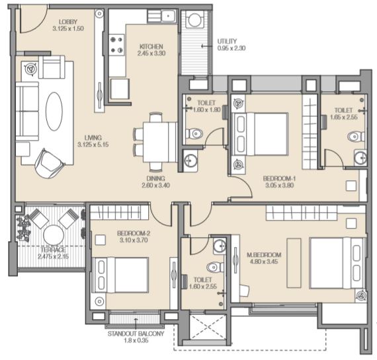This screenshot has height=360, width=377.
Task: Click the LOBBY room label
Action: coord(68,22)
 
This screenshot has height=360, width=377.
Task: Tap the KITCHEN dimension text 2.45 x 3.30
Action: coord(151,53)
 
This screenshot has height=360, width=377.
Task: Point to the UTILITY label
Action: coord(227,41)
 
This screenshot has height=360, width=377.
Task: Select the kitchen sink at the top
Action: coord(169,17)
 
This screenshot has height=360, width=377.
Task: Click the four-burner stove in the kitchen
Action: coord(116,45)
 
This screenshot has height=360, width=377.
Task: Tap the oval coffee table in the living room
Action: coord(54,111)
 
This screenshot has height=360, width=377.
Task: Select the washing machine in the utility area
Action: coord(194,20)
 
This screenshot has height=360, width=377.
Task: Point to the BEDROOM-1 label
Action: coord(279,178)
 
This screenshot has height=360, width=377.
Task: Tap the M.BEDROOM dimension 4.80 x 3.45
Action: coord(264,262)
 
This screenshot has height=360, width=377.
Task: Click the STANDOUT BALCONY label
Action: coord(136,334)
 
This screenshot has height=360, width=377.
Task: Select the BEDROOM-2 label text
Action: coord(134,233)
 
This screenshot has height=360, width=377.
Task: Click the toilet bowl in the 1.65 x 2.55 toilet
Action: coord(356,137)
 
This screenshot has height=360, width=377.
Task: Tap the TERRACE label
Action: coord(53,250)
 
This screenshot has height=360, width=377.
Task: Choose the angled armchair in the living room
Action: coord(50,164)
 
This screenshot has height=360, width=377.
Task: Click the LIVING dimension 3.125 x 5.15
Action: coord(93,145)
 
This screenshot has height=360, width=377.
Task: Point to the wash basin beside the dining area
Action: coord(190,161)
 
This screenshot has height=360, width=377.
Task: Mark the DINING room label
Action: coord(156,178)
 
